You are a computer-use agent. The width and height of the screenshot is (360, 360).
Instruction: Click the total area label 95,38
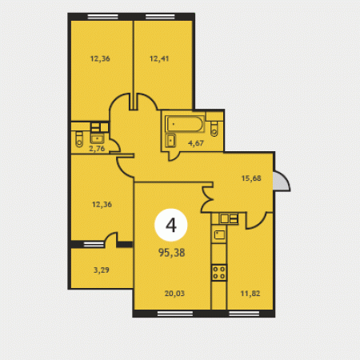[x=171, y=252]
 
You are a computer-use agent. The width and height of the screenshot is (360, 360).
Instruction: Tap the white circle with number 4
[x=171, y=225]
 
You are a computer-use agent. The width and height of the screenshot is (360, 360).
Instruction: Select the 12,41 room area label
[x=159, y=58]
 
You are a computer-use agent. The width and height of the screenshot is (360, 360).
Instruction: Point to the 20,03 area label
[x=174, y=294]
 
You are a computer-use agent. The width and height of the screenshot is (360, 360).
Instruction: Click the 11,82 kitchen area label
[x=250, y=294]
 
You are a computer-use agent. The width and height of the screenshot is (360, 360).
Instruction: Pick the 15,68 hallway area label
[x=251, y=178]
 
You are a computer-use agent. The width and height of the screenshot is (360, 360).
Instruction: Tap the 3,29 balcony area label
[x=102, y=270]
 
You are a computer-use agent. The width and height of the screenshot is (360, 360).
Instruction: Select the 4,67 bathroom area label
[x=196, y=143]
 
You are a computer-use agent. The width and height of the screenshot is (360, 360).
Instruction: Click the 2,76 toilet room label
[x=97, y=149]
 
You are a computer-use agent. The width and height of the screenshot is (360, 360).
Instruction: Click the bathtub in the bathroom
[x=184, y=124]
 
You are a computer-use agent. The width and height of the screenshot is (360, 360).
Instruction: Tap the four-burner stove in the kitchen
[x=219, y=273]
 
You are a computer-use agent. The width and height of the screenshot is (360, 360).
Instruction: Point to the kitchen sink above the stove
[x=219, y=235]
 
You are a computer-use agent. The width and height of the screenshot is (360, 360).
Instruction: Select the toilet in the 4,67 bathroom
[x=214, y=129]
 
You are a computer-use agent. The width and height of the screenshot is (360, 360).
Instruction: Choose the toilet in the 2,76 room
[x=79, y=139]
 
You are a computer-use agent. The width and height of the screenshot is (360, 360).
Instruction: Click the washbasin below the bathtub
[x=170, y=140]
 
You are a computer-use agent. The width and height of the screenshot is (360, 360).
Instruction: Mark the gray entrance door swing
[x=282, y=181]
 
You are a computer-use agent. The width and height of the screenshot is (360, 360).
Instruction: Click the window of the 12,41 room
[x=160, y=17]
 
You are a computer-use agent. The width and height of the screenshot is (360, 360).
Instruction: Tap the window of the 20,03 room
[x=175, y=314]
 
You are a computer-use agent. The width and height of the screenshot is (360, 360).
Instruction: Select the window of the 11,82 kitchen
[x=244, y=314]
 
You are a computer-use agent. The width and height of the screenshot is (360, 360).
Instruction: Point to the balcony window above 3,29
[x=94, y=244]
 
